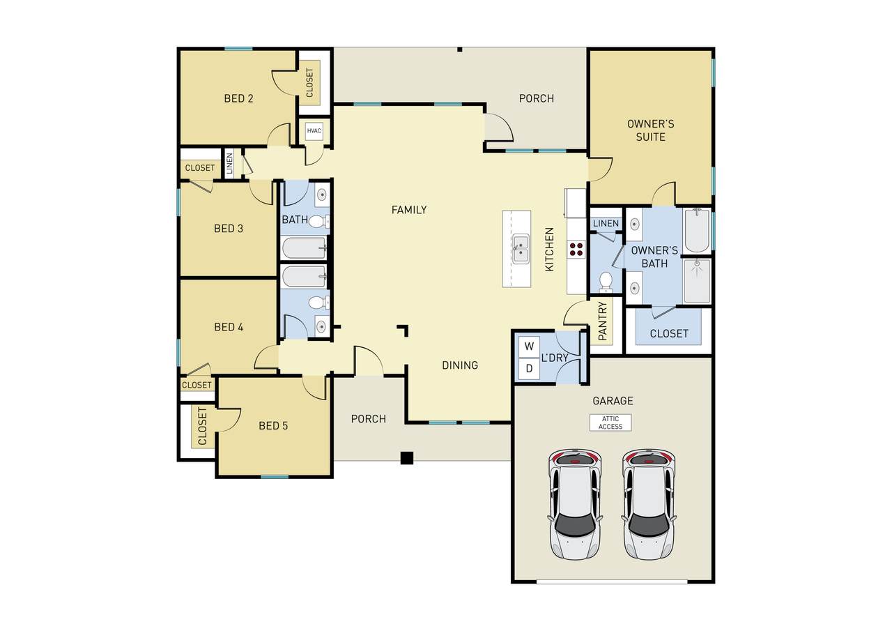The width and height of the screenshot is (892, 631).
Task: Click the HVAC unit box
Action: (314, 131)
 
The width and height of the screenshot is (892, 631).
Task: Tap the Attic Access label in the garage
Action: (610, 423)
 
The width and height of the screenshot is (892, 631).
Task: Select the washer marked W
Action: (529, 347)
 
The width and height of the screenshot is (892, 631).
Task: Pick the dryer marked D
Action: (529, 368)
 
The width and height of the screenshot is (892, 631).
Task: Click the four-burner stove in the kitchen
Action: (576, 250)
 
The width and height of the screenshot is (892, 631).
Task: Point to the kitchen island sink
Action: (521, 249)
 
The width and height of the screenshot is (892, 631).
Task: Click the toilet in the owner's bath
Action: (606, 282)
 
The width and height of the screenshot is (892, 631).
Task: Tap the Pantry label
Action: (603, 321)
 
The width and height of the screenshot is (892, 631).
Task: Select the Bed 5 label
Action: (273, 426)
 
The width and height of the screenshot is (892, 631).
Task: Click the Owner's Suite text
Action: (651, 130)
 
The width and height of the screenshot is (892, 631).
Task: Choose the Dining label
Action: (460, 365)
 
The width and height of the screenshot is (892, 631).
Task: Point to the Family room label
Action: (409, 210)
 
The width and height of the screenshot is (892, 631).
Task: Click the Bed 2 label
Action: (238, 98)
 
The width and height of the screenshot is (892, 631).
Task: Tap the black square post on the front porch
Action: (406, 458)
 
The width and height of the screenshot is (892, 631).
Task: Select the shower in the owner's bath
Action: (697, 280)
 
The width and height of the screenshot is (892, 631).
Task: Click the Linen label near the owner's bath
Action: (606, 224)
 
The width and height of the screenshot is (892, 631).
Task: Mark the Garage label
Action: (613, 401)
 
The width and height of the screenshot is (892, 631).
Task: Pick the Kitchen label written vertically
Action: (549, 250)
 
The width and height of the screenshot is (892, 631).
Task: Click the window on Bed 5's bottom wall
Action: (275, 477)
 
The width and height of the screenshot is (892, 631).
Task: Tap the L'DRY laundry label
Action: (554, 358)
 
